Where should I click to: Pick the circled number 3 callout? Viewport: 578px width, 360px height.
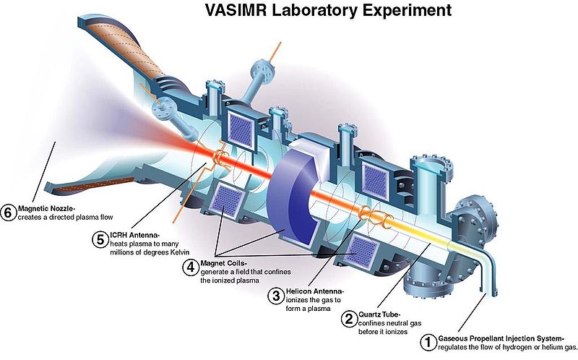click(x=275, y=295)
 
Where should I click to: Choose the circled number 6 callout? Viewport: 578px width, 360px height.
click(x=9, y=212)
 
